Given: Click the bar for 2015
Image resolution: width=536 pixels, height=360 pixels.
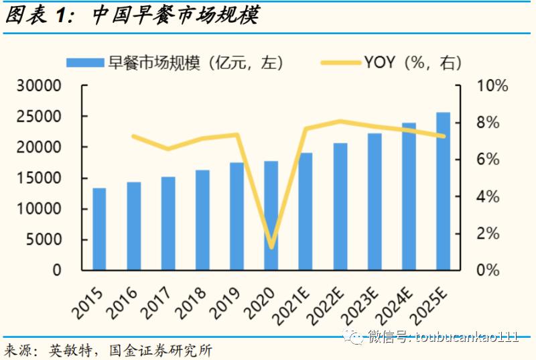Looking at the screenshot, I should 99,229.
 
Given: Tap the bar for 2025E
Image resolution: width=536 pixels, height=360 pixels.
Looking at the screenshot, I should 444,191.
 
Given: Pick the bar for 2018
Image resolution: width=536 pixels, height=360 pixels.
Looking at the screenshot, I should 202,220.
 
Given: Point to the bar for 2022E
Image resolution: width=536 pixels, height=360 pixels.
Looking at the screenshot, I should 340,206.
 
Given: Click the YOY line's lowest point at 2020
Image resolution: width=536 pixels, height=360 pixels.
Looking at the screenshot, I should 271,247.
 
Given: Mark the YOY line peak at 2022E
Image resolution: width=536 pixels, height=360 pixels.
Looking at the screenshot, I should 340,121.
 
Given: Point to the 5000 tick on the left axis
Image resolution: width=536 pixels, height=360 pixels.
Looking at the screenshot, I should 47,240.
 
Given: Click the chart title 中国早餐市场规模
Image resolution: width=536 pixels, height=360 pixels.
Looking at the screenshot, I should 174,15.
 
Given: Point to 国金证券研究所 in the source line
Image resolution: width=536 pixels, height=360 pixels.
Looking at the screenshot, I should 159,350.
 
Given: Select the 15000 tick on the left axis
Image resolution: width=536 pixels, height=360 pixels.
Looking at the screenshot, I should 43,178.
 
